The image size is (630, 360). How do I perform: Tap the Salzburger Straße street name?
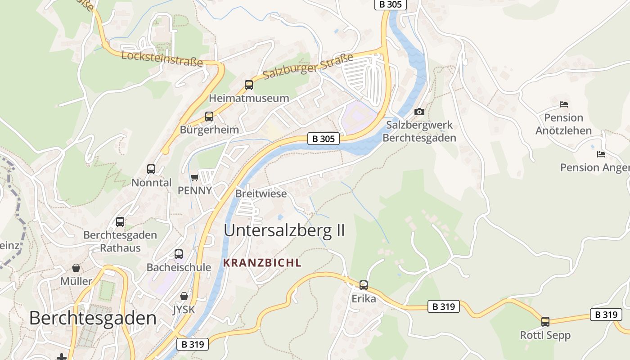pos(308,66)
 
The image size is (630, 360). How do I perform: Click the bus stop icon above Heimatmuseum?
pos(249,85)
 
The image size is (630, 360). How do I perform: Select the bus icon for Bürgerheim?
pos(209,117)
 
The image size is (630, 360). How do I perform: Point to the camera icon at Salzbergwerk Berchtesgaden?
pos(419,112)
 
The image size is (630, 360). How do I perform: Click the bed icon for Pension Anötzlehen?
pos(564,104)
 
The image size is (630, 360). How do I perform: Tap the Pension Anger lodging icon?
pos(601,154)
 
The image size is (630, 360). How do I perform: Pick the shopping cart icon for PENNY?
pos(195,177)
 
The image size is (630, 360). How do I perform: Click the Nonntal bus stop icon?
pos(151,169)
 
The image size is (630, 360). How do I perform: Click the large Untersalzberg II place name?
pos(284,230)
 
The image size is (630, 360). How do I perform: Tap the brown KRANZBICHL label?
pos(262,263)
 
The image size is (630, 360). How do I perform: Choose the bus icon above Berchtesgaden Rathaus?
pos(120,221)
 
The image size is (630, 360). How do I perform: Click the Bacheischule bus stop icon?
pos(179,254)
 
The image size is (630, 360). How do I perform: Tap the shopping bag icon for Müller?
pos(76,268)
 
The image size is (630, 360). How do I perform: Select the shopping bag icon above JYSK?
pos(184,296)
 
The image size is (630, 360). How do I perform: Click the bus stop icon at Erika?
pos(364,285)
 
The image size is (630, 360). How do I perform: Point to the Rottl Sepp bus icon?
pos(545,321)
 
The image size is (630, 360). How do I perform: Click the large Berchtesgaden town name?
pos(93,318)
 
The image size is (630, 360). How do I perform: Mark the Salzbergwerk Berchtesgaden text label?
pos(419,131)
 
